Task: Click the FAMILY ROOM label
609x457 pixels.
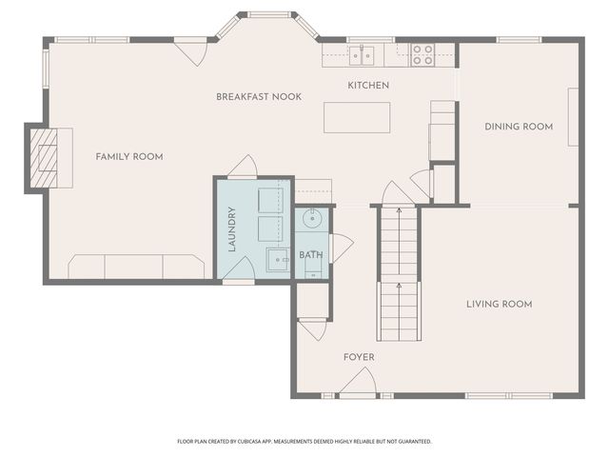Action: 129,156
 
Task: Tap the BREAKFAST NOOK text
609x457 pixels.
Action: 259,97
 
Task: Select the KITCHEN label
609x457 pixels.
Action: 367,86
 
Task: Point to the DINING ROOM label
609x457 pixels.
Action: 519,127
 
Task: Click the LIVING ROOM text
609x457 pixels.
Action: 499,305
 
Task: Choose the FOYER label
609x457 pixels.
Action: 359,357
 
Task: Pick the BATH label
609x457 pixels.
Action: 311,255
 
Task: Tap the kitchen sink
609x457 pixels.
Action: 361,55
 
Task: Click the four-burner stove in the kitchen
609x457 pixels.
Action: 422,55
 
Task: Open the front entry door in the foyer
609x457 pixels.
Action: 357,384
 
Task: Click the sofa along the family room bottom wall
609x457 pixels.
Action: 136,267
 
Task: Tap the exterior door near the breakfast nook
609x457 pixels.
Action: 194,51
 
